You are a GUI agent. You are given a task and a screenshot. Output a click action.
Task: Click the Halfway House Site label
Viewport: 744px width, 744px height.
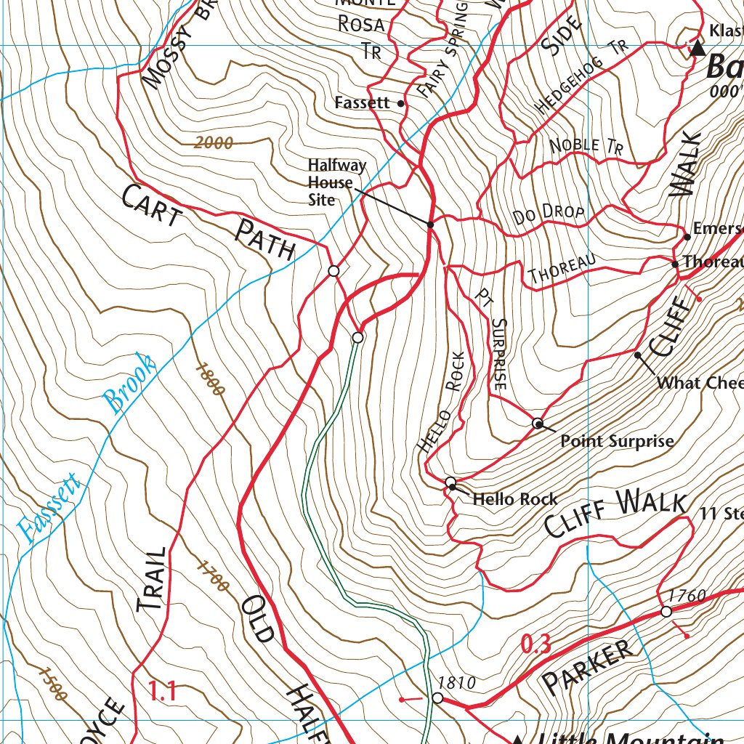point(330,182)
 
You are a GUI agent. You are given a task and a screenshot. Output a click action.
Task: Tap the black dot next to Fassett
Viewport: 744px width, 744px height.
point(401,104)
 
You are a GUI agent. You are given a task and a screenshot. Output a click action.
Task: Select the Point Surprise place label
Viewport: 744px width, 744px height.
point(617,441)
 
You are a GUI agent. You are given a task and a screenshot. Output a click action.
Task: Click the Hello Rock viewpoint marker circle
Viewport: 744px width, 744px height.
point(450,482)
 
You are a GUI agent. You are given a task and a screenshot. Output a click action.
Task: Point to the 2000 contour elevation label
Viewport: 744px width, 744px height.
point(214,143)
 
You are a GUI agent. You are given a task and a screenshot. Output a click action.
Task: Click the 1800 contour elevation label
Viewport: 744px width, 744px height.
point(210,379)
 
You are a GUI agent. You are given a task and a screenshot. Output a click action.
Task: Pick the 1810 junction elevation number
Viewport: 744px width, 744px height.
point(457,683)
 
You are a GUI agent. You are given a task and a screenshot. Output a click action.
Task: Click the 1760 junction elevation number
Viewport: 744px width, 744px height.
point(687,597)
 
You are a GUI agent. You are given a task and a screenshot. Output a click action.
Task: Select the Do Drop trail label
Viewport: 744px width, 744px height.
point(549,214)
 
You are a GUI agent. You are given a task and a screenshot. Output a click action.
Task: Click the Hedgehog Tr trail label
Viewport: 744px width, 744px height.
point(581,78)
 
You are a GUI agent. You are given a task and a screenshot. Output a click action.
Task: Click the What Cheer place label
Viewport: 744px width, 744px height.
point(699,383)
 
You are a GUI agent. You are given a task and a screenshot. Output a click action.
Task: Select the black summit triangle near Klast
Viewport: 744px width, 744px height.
point(697,49)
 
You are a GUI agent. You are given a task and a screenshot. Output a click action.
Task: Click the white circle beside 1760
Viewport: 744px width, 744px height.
point(666,612)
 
